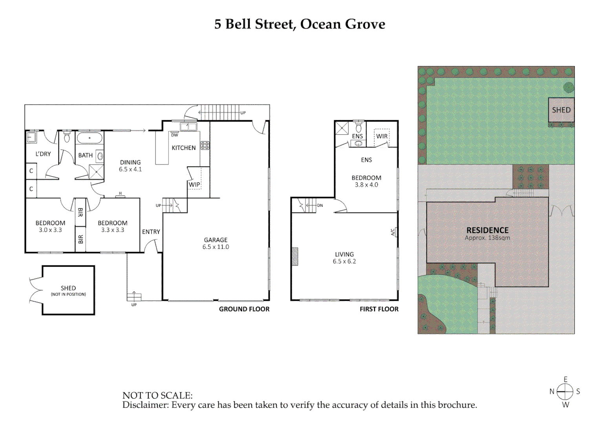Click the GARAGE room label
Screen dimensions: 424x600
216,240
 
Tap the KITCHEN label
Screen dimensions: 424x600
183,148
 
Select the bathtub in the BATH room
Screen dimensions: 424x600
90,138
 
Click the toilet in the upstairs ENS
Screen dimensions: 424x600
358,128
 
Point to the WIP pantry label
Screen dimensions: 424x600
194,185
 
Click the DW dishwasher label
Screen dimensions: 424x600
174,135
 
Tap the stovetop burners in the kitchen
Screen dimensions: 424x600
205,146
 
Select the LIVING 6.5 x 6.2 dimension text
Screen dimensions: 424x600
344,261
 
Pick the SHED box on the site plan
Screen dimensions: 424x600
561,110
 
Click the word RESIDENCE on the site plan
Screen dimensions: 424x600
487,230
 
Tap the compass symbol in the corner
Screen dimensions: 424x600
565,391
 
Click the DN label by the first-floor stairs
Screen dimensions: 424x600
320,205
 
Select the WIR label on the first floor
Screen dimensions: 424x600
382,136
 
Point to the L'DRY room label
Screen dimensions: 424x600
43,154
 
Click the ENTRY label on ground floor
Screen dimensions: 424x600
151,232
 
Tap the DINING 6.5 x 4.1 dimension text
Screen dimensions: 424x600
130,170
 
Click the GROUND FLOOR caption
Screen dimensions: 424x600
244,309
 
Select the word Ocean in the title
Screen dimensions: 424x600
320,24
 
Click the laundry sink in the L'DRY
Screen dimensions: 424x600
31,137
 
